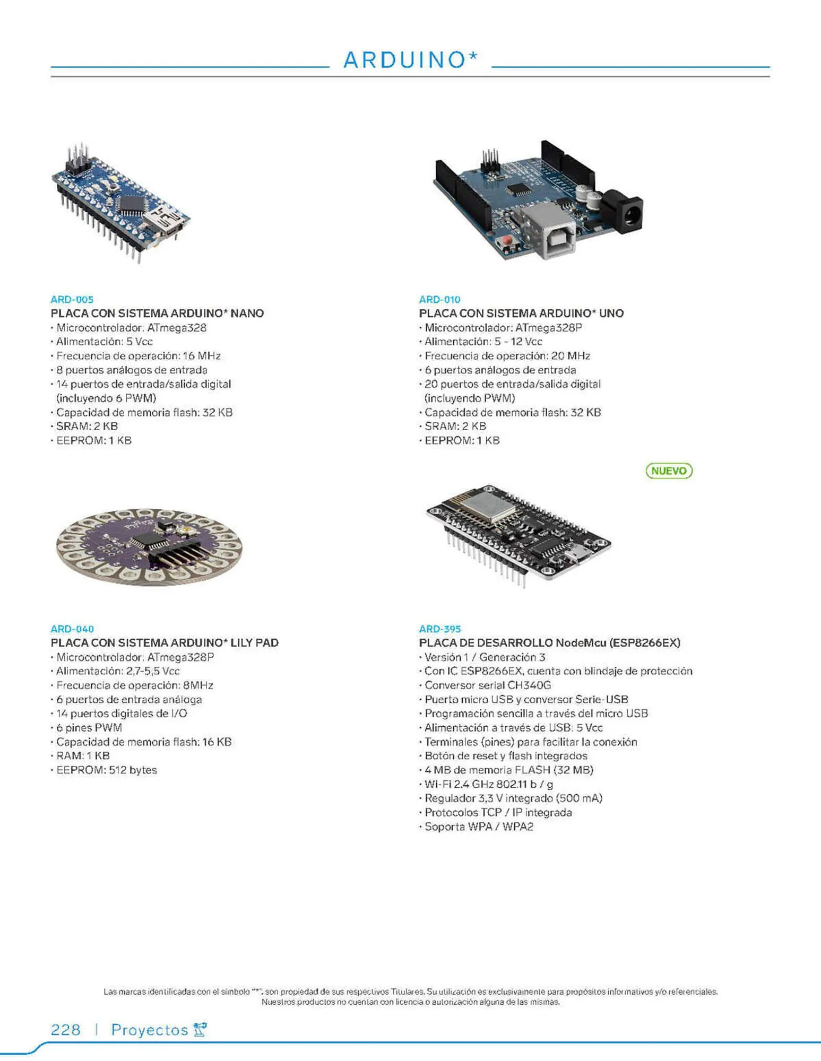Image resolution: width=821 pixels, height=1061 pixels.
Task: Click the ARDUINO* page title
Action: pos(410,60)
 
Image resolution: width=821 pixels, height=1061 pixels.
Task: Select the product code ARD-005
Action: pos(72,299)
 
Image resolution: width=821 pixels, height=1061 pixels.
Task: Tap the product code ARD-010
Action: pos(439,299)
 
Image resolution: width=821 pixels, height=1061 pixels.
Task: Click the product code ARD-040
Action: pos(72,629)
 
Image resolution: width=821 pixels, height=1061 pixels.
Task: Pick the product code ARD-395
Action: pos(440,629)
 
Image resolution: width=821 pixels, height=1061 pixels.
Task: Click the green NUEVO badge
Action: pos(669,471)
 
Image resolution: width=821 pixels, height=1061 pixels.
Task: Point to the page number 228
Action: pos(65,1030)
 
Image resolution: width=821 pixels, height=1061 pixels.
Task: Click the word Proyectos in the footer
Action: pos(149,1030)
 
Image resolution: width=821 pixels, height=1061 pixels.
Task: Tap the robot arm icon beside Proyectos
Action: pos(200,1029)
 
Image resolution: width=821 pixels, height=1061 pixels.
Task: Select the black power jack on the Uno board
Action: pos(626,212)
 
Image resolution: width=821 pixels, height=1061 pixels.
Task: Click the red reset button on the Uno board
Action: pos(505,242)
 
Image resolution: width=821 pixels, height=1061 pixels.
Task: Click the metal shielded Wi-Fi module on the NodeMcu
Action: pos(487,503)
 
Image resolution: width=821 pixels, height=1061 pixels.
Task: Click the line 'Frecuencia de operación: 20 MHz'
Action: pos(507,356)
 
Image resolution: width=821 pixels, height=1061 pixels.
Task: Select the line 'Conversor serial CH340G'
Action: pos(487,685)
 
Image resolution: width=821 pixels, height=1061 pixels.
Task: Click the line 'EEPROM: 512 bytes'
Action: pos(106,770)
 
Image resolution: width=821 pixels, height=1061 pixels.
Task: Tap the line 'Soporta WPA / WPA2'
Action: pos(478,827)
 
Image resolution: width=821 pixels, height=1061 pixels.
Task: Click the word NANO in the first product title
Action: pos(247,313)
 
